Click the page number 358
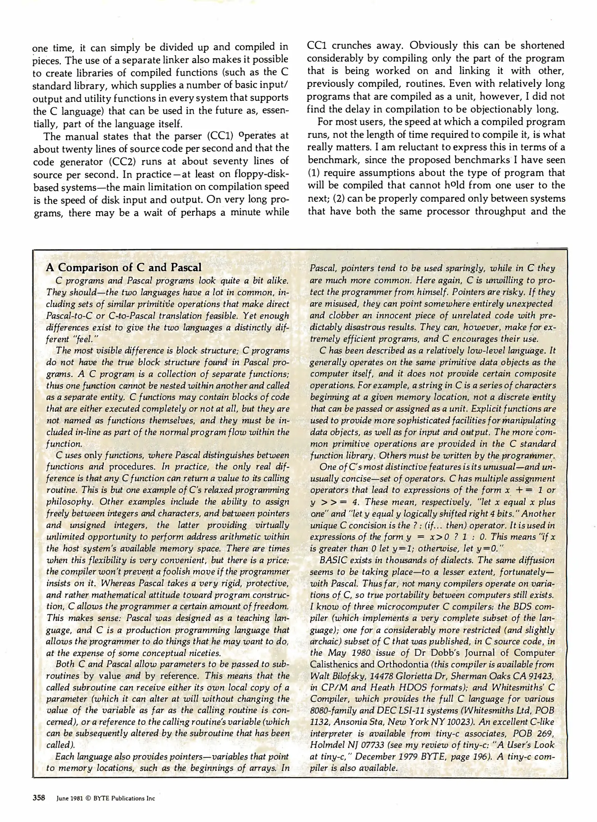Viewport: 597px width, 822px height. click(39, 798)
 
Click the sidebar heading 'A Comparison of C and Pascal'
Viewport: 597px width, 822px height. click(124, 268)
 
